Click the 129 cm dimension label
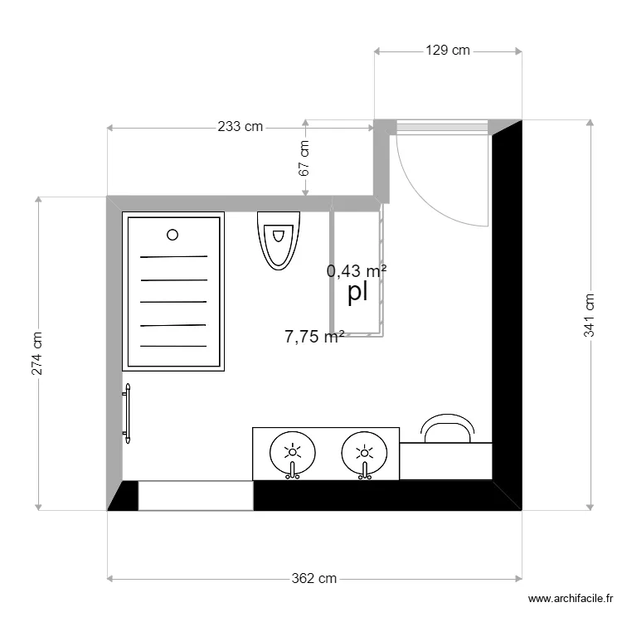click(448, 51)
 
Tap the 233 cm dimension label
click(240, 127)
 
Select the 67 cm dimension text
click(304, 158)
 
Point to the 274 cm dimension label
click(37, 354)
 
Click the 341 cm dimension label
click(590, 315)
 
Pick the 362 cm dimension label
click(314, 579)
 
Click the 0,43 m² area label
click(357, 270)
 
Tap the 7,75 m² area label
click(314, 337)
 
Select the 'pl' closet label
click(357, 293)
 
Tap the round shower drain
click(173, 235)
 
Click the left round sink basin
click(293, 453)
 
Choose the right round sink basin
click(364, 453)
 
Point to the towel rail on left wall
click(128, 413)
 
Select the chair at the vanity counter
click(447, 428)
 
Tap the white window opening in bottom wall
click(195, 495)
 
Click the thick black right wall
click(507, 315)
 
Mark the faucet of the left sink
click(293, 472)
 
